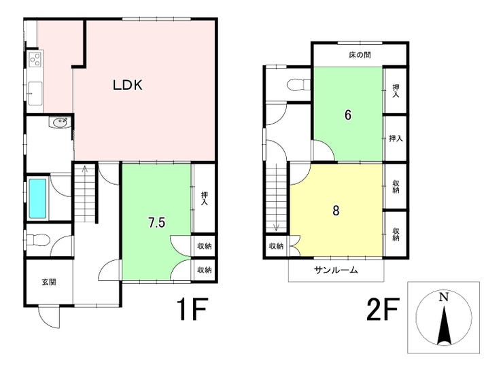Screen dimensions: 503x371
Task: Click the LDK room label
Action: [x=127, y=85]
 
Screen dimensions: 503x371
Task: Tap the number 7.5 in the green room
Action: [x=156, y=222]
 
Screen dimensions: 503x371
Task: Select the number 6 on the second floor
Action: [x=348, y=115]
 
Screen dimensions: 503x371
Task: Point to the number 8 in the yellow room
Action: [x=336, y=211]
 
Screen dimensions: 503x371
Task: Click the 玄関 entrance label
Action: [x=49, y=282]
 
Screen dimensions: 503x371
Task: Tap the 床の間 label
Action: [x=360, y=55]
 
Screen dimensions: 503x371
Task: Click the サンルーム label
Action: [x=336, y=270]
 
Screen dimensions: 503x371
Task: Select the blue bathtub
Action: [x=38, y=198]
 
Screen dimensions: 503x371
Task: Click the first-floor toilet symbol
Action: [x=37, y=240]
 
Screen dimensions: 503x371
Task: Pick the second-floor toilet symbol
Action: [x=298, y=85]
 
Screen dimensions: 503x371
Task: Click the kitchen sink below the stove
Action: [x=35, y=93]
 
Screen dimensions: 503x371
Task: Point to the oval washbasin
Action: [x=59, y=122]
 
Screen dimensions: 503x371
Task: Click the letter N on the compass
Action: [x=444, y=297]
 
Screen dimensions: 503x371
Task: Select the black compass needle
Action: [x=444, y=325]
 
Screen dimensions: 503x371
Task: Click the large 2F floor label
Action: [x=382, y=309]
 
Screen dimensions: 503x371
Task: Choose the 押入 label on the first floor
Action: [x=204, y=198]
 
